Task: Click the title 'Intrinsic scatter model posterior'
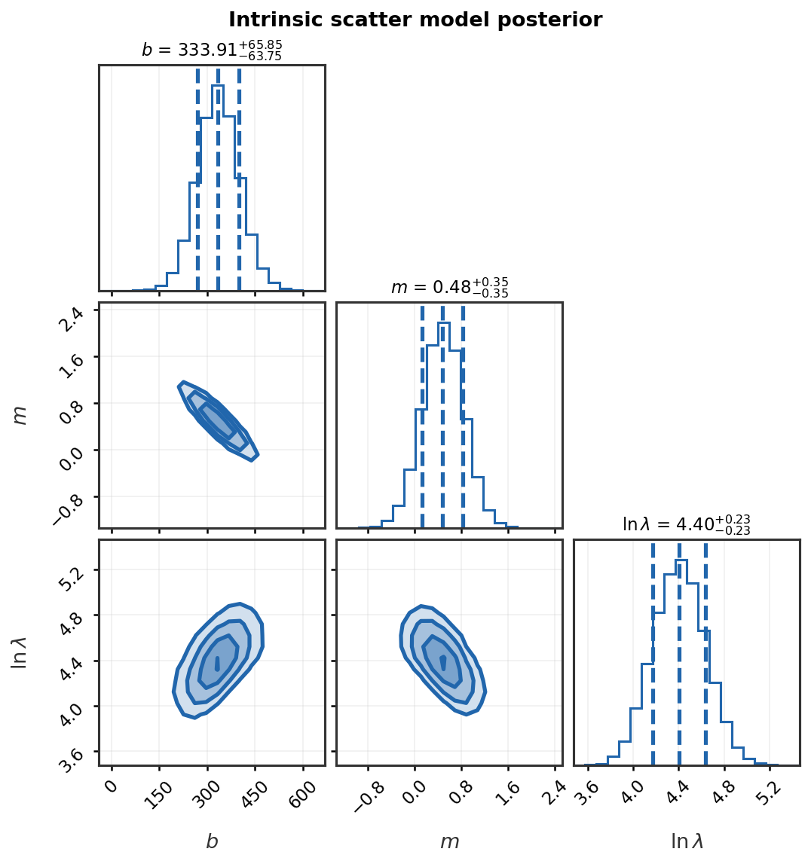click(415, 20)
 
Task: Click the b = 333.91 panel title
click(212, 50)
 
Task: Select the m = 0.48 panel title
click(449, 288)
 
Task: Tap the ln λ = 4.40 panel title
click(686, 525)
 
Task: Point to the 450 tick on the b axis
click(254, 787)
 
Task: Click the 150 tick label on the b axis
click(159, 787)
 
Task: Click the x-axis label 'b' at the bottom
click(212, 841)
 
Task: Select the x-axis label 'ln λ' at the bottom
click(687, 841)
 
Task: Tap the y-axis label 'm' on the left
click(20, 415)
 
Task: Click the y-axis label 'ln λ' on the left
click(20, 652)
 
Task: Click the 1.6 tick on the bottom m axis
click(505, 787)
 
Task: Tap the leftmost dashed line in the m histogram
click(422, 414)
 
